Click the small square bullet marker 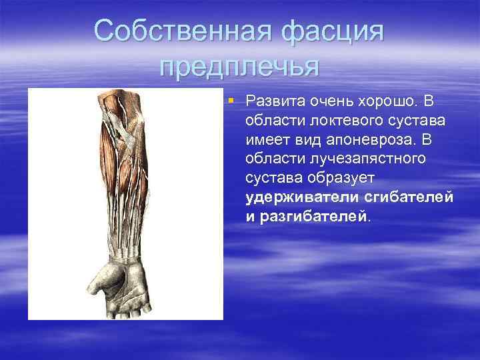(x=230, y=101)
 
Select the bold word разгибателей (x=313, y=217)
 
